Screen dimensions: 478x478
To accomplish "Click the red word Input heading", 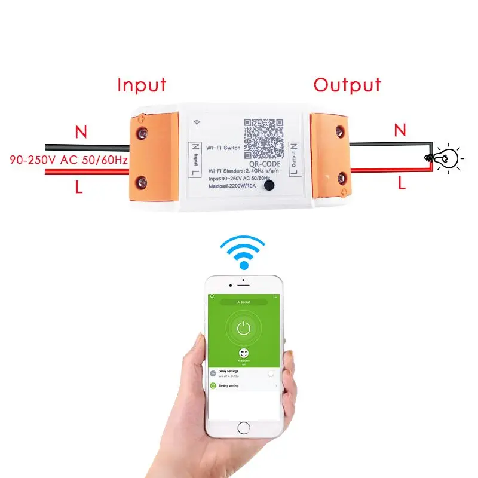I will pyautogui.click(x=142, y=85).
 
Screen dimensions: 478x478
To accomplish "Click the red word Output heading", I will pyautogui.click(x=347, y=85).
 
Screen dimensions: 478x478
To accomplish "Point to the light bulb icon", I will pyautogui.click(x=446, y=158).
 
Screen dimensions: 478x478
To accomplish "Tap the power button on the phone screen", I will pyautogui.click(x=243, y=327).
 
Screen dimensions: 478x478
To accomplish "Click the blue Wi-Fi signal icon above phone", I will pyautogui.click(x=243, y=252).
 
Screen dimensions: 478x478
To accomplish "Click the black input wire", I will pyautogui.click(x=84, y=147).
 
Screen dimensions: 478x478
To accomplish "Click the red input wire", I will pyautogui.click(x=84, y=172).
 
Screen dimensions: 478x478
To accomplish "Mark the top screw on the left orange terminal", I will pyautogui.click(x=142, y=128).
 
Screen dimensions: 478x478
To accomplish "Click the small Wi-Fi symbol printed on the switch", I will pyautogui.click(x=197, y=122).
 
